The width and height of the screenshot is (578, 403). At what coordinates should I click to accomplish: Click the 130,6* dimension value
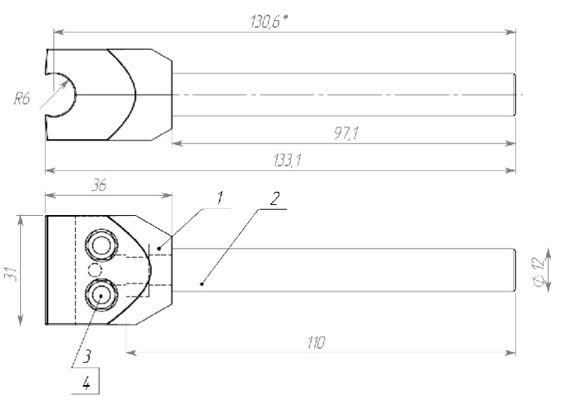[268, 22]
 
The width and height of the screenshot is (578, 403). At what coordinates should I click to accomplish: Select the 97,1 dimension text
[346, 134]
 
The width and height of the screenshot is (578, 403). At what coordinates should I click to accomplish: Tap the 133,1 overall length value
[288, 161]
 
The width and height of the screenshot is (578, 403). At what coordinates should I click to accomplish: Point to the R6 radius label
[22, 99]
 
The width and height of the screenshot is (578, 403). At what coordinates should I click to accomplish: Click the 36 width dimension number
[99, 185]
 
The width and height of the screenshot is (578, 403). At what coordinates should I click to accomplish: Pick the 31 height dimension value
[12, 273]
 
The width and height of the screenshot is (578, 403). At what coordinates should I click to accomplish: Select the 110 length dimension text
[316, 343]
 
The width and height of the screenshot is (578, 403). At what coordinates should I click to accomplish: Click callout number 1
[220, 198]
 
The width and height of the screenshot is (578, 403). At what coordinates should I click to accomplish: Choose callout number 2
[274, 199]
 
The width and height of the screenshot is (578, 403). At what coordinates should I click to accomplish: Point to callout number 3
[86, 356]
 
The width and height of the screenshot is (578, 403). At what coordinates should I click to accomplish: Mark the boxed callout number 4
[86, 384]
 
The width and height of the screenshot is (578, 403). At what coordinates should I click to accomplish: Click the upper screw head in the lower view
[102, 245]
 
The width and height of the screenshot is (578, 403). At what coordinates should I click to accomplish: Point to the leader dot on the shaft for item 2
[202, 283]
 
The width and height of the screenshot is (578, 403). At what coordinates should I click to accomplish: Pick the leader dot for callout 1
[159, 248]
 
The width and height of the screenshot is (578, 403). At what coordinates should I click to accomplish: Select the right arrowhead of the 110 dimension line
[510, 353]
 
